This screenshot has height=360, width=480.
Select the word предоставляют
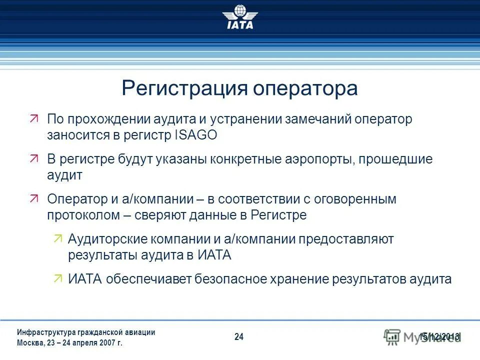[346, 239]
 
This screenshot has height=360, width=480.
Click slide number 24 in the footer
[239, 337]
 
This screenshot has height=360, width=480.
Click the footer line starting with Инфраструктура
[85, 332]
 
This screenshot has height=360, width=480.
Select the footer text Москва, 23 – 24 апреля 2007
[69, 343]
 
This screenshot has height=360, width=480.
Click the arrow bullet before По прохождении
[34, 119]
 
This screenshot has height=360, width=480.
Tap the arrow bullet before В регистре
[34, 159]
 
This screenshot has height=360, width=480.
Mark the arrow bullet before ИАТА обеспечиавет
[58, 278]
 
